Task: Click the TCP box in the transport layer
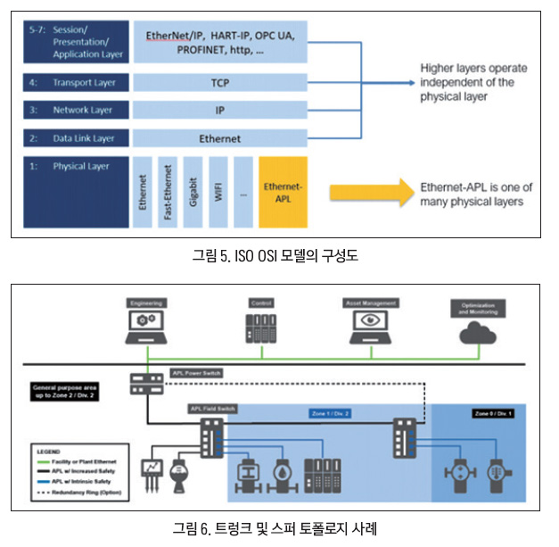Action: tap(219, 82)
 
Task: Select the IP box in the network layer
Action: tap(219, 111)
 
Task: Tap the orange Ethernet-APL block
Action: tap(283, 192)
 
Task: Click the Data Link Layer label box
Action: tap(76, 138)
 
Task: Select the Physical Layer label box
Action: tap(76, 192)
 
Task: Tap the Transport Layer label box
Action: tap(76, 82)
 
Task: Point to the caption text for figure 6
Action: tap(278, 528)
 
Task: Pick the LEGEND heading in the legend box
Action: tap(49, 452)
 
